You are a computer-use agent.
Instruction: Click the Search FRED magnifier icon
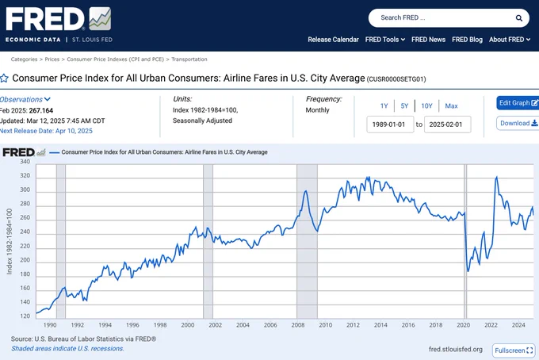[x=518, y=18]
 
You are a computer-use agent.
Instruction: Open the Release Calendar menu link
[x=333, y=40]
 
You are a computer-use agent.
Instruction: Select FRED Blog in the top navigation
[x=467, y=40]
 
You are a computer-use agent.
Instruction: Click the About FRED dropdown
[x=510, y=40]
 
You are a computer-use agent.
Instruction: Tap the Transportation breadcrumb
[x=189, y=59]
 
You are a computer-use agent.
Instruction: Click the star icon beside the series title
[x=4, y=79]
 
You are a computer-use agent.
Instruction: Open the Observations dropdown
[x=25, y=99]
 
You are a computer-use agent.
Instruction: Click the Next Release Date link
[x=46, y=131]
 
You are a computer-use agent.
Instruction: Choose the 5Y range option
[x=404, y=106]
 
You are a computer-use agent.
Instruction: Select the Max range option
[x=451, y=106]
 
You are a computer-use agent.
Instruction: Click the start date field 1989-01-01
[x=390, y=124]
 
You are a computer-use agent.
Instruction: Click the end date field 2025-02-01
[x=447, y=124]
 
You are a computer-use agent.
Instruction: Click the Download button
[x=518, y=123]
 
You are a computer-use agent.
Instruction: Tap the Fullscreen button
[x=514, y=350]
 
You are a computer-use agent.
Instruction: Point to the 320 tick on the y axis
[x=25, y=176]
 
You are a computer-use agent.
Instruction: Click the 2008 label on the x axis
[x=298, y=325]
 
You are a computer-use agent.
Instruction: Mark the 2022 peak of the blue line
[x=496, y=177]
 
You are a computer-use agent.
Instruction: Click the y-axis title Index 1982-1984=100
[x=10, y=241]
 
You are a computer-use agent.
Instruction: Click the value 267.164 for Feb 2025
[x=41, y=111]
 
